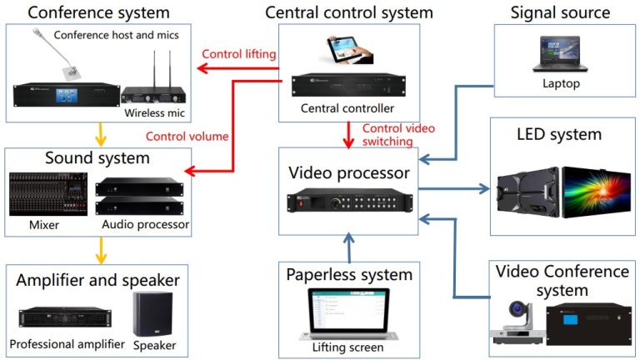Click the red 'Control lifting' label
238,54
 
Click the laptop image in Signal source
559,54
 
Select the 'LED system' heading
558,133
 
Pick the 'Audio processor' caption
145,225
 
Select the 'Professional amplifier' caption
67,343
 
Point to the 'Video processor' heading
348,172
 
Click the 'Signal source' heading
560,12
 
